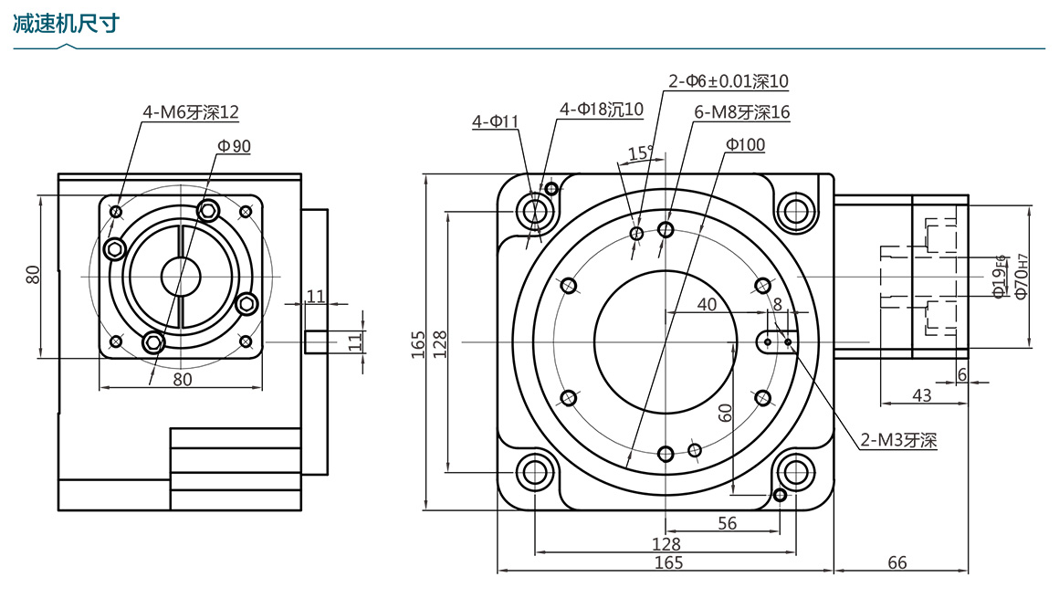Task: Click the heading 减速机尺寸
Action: coord(67,24)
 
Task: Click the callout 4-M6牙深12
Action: coord(190,112)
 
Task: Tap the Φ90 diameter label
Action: coord(234,145)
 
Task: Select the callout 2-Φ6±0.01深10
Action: coord(728,81)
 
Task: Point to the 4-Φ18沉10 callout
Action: coord(602,110)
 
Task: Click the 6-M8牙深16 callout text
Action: coord(741,112)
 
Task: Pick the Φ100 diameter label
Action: coord(745,144)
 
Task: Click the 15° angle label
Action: coord(641,152)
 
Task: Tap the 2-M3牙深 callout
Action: coord(899,440)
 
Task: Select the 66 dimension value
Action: coord(897,562)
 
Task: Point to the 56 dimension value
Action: coord(727,523)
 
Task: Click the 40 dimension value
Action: coord(706,305)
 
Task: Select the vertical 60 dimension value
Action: coord(726,412)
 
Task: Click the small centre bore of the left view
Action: coord(180,276)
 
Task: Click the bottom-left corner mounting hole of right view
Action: coord(534,472)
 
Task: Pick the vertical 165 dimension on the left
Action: coord(418,342)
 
